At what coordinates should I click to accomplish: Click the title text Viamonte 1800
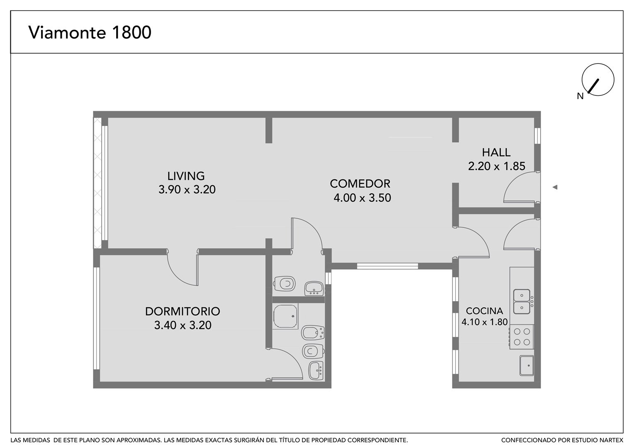90,32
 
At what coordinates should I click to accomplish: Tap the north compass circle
598,80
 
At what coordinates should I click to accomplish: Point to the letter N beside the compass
580,96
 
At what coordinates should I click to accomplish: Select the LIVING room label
186,176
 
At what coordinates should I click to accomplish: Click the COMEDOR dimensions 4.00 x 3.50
362,197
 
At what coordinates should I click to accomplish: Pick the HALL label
496,153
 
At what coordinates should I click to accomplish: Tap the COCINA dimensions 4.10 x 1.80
484,322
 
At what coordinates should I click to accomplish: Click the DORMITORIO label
183,311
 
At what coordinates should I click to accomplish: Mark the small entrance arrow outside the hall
555,187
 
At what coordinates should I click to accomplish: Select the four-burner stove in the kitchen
522,336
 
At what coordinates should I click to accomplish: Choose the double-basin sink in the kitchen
522,302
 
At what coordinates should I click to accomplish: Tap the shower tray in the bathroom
285,316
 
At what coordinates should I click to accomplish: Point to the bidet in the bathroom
313,333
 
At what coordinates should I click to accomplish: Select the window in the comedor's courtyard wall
388,266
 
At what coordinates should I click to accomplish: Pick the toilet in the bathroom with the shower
313,351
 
